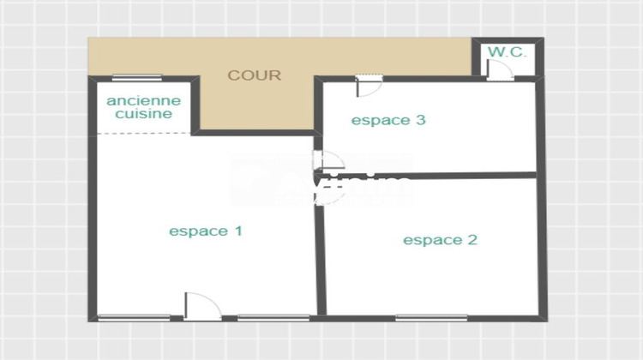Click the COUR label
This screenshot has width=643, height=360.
(254, 75)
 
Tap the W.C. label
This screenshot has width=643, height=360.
(506, 52)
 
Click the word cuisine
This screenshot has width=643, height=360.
(144, 113)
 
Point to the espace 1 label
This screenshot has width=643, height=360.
(206, 231)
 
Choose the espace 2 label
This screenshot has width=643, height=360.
(440, 240)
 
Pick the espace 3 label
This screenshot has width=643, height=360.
(388, 120)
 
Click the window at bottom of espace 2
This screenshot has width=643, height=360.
(431, 318)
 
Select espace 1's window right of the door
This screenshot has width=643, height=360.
(273, 318)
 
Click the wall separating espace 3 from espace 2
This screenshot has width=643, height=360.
(429, 175)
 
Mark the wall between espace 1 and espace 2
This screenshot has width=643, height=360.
(321, 257)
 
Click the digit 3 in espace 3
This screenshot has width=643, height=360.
(420, 120)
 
